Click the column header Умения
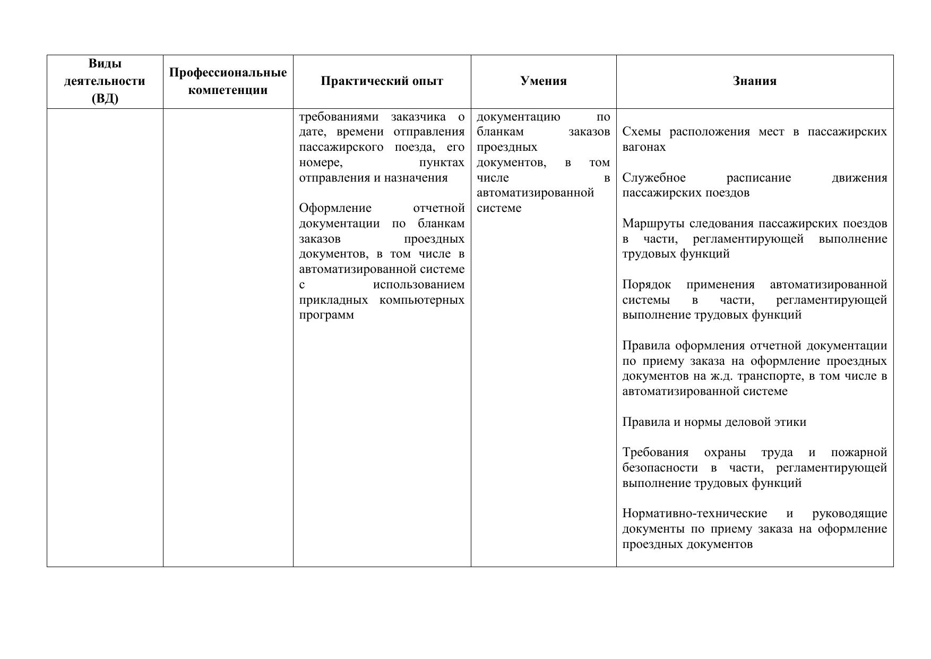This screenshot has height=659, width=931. point(543,81)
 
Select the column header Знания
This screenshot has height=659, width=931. point(754,81)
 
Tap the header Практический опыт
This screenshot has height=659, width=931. point(382,81)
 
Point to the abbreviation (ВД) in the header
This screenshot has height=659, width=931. point(105,99)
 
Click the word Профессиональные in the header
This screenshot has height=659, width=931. point(228,73)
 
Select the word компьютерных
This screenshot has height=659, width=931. point(422,300)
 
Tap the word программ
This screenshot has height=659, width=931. point(326,315)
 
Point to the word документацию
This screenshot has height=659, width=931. point(518,117)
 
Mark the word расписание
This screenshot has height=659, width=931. point(758,178)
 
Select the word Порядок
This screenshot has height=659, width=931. point(646,285)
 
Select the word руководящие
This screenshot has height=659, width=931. point(849,514)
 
